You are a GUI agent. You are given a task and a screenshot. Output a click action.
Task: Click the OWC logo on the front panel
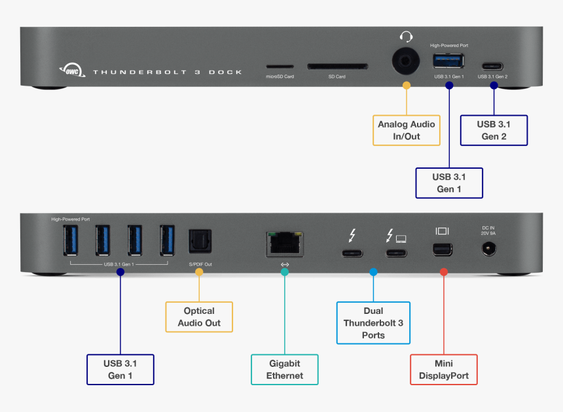pyautogui.click(x=70, y=70)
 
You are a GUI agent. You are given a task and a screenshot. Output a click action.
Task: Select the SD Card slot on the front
pyautogui.click(x=337, y=67)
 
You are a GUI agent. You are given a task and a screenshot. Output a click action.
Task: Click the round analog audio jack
pyautogui.click(x=406, y=63)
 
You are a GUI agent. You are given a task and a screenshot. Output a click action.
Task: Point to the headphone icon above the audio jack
pyautogui.click(x=407, y=37)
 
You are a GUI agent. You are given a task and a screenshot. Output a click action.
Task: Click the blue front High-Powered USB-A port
pyautogui.click(x=448, y=61)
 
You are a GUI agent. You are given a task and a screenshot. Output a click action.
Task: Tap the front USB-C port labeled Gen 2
pyautogui.click(x=493, y=67)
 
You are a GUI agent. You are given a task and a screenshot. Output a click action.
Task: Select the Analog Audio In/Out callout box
pyautogui.click(x=406, y=130)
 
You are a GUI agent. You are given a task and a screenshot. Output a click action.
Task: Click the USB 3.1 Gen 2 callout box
pyautogui.click(x=494, y=130)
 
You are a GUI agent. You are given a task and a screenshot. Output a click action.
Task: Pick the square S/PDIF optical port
pyautogui.click(x=198, y=241)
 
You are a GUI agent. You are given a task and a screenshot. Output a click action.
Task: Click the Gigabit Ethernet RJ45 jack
pyautogui.click(x=285, y=244)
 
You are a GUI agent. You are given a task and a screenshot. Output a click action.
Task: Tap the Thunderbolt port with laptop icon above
pyautogui.click(x=396, y=252)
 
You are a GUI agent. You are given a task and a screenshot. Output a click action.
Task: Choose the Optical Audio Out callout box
pyautogui.click(x=198, y=317)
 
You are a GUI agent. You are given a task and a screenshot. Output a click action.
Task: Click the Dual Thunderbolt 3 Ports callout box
pyautogui.click(x=373, y=323)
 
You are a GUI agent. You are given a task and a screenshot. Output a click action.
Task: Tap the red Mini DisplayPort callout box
pyautogui.click(x=443, y=369)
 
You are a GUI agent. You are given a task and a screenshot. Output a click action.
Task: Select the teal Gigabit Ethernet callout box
pyautogui.click(x=285, y=369)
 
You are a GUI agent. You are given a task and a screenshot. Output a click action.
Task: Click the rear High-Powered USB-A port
pyautogui.click(x=71, y=241)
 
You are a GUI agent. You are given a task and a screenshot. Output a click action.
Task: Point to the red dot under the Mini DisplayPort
pyautogui.click(x=443, y=271)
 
